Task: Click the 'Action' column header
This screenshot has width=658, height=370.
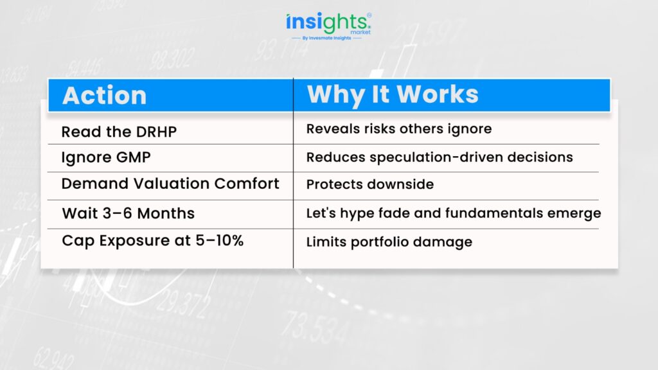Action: point(105,95)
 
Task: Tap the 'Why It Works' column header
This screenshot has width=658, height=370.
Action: point(393,94)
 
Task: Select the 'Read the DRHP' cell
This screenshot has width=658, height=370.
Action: point(119,132)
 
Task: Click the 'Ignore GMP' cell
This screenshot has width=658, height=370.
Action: point(106,158)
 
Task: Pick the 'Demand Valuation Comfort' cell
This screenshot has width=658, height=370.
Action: point(170,183)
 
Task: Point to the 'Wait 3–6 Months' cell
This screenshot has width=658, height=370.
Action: point(129,213)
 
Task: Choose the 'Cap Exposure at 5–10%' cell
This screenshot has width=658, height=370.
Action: point(153,241)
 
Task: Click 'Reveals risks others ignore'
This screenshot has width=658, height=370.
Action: point(398,129)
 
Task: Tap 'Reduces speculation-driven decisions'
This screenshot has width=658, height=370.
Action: point(440,157)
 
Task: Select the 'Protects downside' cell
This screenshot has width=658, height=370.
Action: point(369,184)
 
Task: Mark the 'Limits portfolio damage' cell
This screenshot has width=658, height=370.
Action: point(389,242)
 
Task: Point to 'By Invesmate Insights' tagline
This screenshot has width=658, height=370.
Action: point(326,38)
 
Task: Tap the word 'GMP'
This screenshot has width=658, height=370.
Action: point(133,157)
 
